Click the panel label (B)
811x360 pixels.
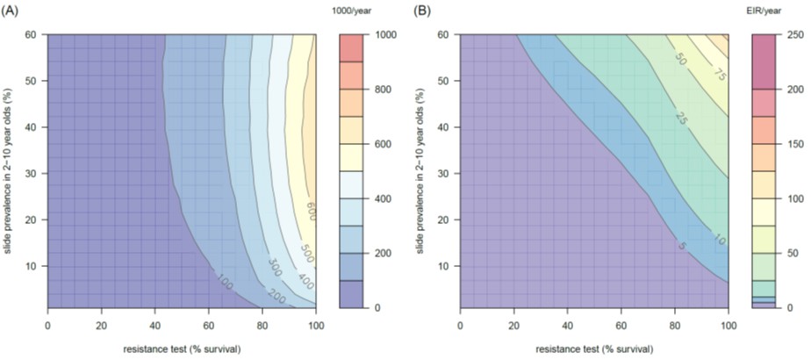coord(423,11)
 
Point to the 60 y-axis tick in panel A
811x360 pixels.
coord(29,34)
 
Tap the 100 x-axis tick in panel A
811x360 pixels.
coord(316,323)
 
